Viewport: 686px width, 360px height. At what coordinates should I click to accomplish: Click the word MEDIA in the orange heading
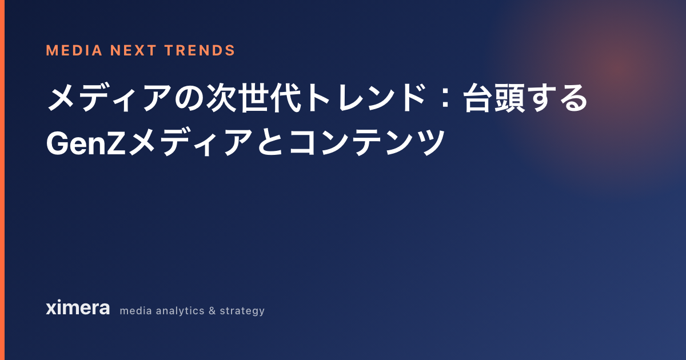pyautogui.click(x=74, y=50)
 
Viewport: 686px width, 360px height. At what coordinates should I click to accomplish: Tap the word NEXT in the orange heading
pyautogui.click(x=133, y=50)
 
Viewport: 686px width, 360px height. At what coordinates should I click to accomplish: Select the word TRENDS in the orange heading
pyautogui.click(x=200, y=50)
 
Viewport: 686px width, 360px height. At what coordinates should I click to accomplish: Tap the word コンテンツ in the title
pyautogui.click(x=366, y=142)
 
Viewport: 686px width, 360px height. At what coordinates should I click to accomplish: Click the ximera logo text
pyautogui.click(x=78, y=307)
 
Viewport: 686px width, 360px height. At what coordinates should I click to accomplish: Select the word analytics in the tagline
pyautogui.click(x=180, y=311)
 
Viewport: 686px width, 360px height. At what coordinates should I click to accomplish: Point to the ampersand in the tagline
pyautogui.click(x=212, y=311)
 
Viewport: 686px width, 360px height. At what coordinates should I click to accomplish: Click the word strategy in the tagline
pyautogui.click(x=242, y=311)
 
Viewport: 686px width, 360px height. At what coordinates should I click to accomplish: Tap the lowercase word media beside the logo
pyautogui.click(x=136, y=311)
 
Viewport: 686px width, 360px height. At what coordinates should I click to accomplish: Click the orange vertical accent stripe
pyautogui.click(x=2, y=180)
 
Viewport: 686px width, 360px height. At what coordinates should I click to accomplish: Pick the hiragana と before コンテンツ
pyautogui.click(x=271, y=142)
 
